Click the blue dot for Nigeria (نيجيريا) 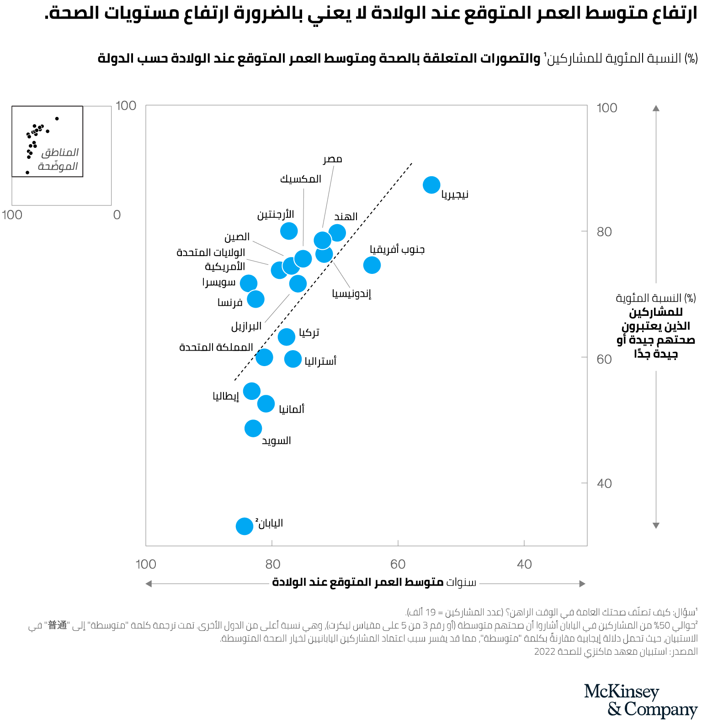coord(431,185)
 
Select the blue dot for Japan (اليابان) coord(245,526)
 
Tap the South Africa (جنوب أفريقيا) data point coord(372,265)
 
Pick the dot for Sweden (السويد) coord(253,428)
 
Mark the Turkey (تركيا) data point coord(287,337)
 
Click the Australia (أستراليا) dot coord(293,359)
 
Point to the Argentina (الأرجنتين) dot coord(289,231)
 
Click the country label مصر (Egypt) coord(333,159)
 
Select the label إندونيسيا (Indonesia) coord(351,294)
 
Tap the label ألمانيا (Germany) coord(292,409)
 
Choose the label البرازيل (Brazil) coord(246,326)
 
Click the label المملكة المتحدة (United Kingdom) coord(216,347)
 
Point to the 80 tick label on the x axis coord(272,564)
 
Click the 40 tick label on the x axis coord(524,564)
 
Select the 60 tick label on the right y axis coord(604,359)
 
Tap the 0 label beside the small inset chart coord(117,215)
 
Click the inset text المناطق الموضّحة coord(58,159)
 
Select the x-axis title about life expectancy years coord(374,582)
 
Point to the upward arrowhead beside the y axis coord(656,108)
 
